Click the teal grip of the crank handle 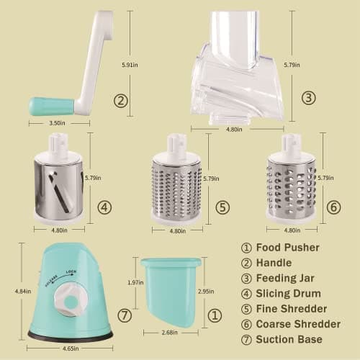point(50,107)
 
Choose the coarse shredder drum point(291,184)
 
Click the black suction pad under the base point(70,336)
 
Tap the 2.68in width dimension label point(171,333)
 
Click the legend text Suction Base point(289,338)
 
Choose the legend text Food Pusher point(286,247)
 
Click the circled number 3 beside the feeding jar point(308,98)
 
